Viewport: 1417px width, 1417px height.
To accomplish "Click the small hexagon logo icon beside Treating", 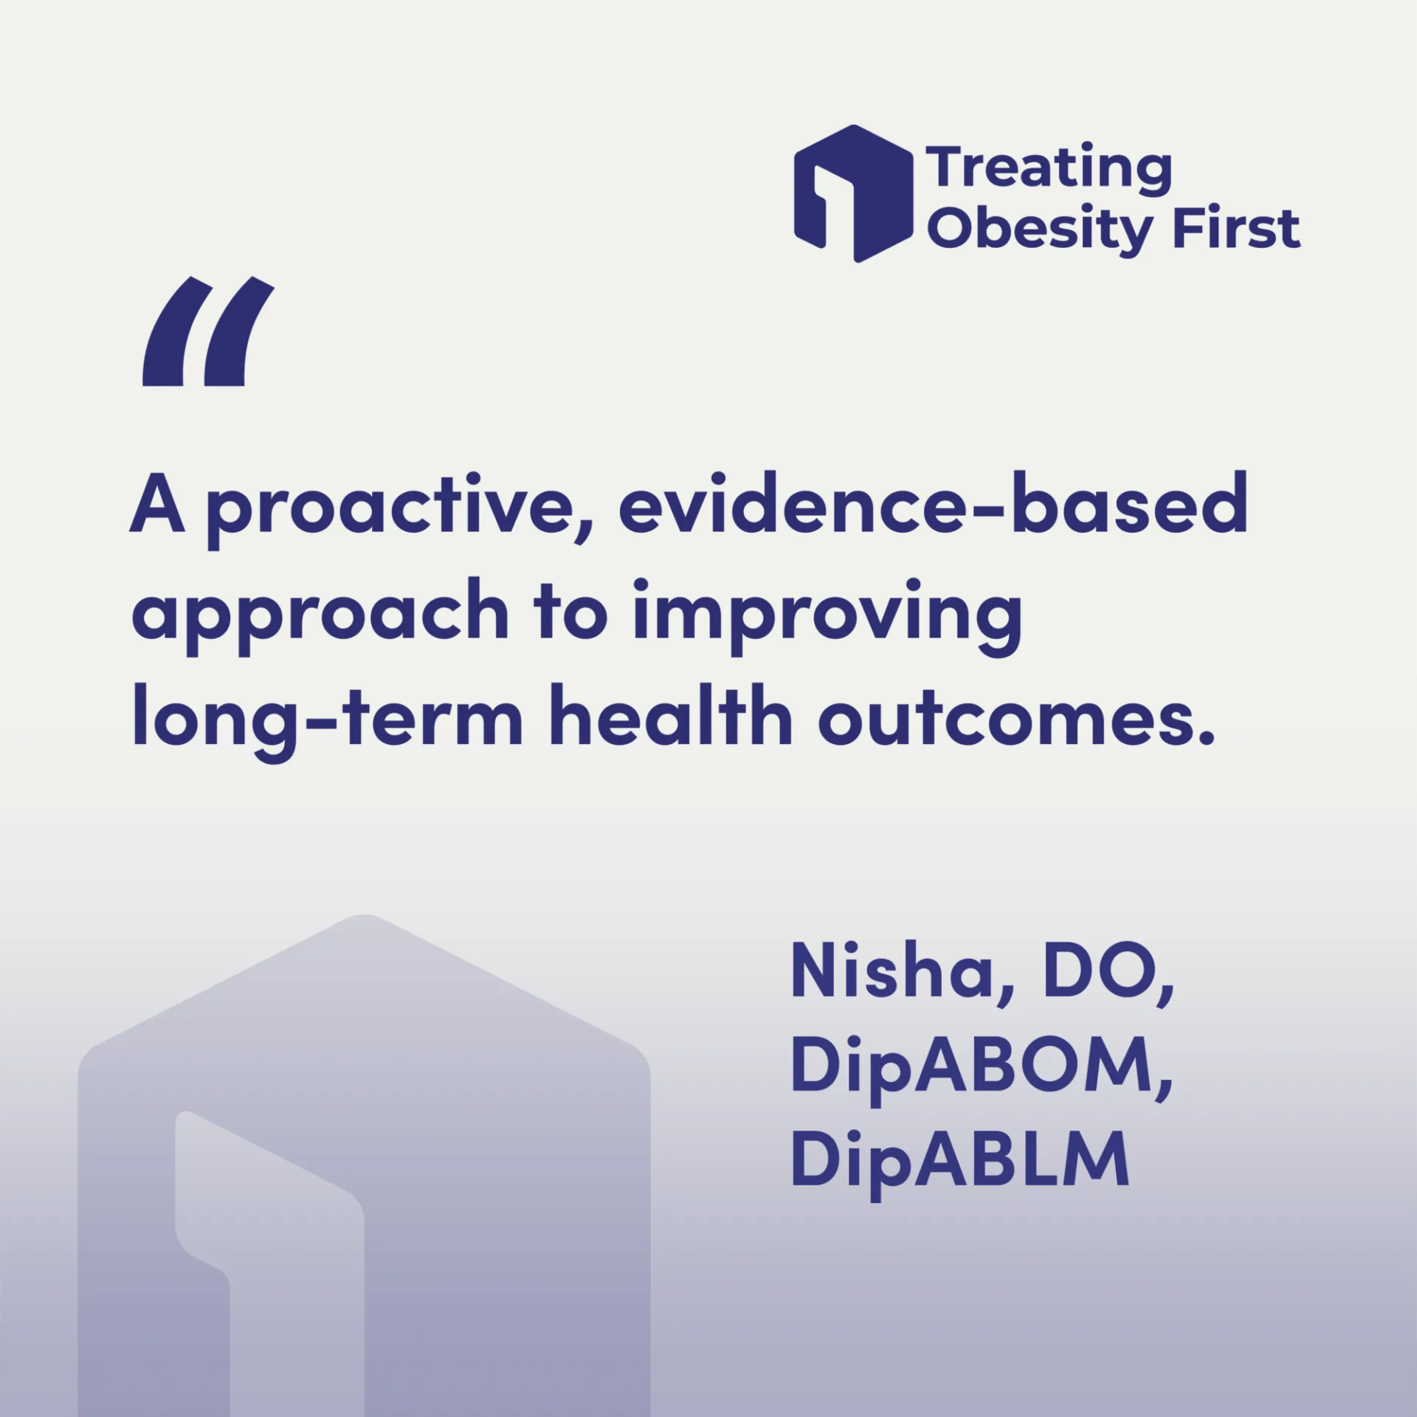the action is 853,193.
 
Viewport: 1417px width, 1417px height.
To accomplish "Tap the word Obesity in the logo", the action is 1039,230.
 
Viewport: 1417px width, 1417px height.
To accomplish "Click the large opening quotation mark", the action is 208,331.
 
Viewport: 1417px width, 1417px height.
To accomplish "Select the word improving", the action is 827,616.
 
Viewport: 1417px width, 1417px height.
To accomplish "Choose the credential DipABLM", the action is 960,1163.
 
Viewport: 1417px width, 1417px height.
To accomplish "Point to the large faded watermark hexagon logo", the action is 365,1165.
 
